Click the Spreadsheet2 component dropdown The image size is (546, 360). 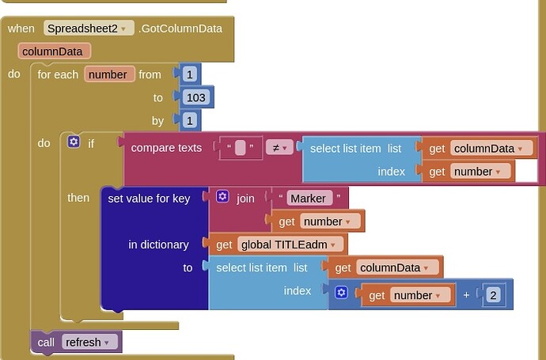click(x=89, y=28)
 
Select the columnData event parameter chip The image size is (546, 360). click(x=55, y=51)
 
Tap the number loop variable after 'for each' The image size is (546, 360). click(x=109, y=74)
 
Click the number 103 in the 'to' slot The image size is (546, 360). click(x=196, y=97)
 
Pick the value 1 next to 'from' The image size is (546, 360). click(x=190, y=74)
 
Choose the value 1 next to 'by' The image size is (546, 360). click(x=190, y=120)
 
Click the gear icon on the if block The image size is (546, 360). click(x=74, y=142)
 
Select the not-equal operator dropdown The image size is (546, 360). click(x=279, y=148)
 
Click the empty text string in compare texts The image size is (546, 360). click(x=241, y=148)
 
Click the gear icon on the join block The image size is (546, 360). click(x=222, y=196)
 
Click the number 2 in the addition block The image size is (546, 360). click(x=493, y=295)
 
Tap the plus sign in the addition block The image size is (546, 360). click(x=466, y=295)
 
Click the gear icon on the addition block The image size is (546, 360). click(x=341, y=293)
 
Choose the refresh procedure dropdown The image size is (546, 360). click(x=87, y=343)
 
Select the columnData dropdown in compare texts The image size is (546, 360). click(x=491, y=148)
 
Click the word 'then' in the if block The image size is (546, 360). click(x=78, y=198)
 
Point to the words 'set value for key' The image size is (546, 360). click(x=149, y=199)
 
